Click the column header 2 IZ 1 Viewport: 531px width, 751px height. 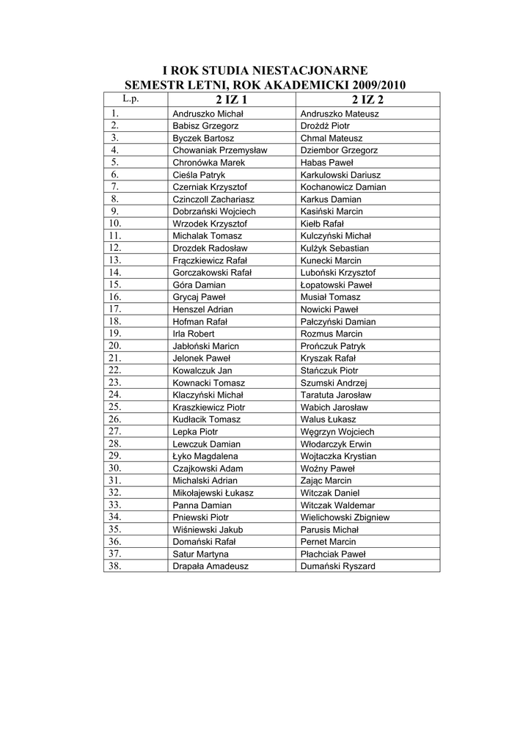click(x=231, y=100)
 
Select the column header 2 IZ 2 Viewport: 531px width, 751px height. click(x=367, y=100)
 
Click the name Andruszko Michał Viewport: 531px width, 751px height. click(x=208, y=114)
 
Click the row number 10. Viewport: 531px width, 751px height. click(x=115, y=224)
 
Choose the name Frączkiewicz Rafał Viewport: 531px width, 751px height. click(x=210, y=260)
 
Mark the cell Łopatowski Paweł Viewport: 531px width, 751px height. click(x=337, y=285)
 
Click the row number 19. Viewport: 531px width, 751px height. click(x=115, y=334)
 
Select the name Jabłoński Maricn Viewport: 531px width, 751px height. click(x=206, y=346)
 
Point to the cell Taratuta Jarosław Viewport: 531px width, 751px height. click(x=335, y=395)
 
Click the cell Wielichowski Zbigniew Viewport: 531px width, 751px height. click(x=345, y=517)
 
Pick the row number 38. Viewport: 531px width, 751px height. click(x=115, y=566)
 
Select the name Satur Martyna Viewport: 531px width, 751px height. click(x=201, y=554)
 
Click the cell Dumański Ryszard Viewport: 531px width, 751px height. click(x=338, y=566)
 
